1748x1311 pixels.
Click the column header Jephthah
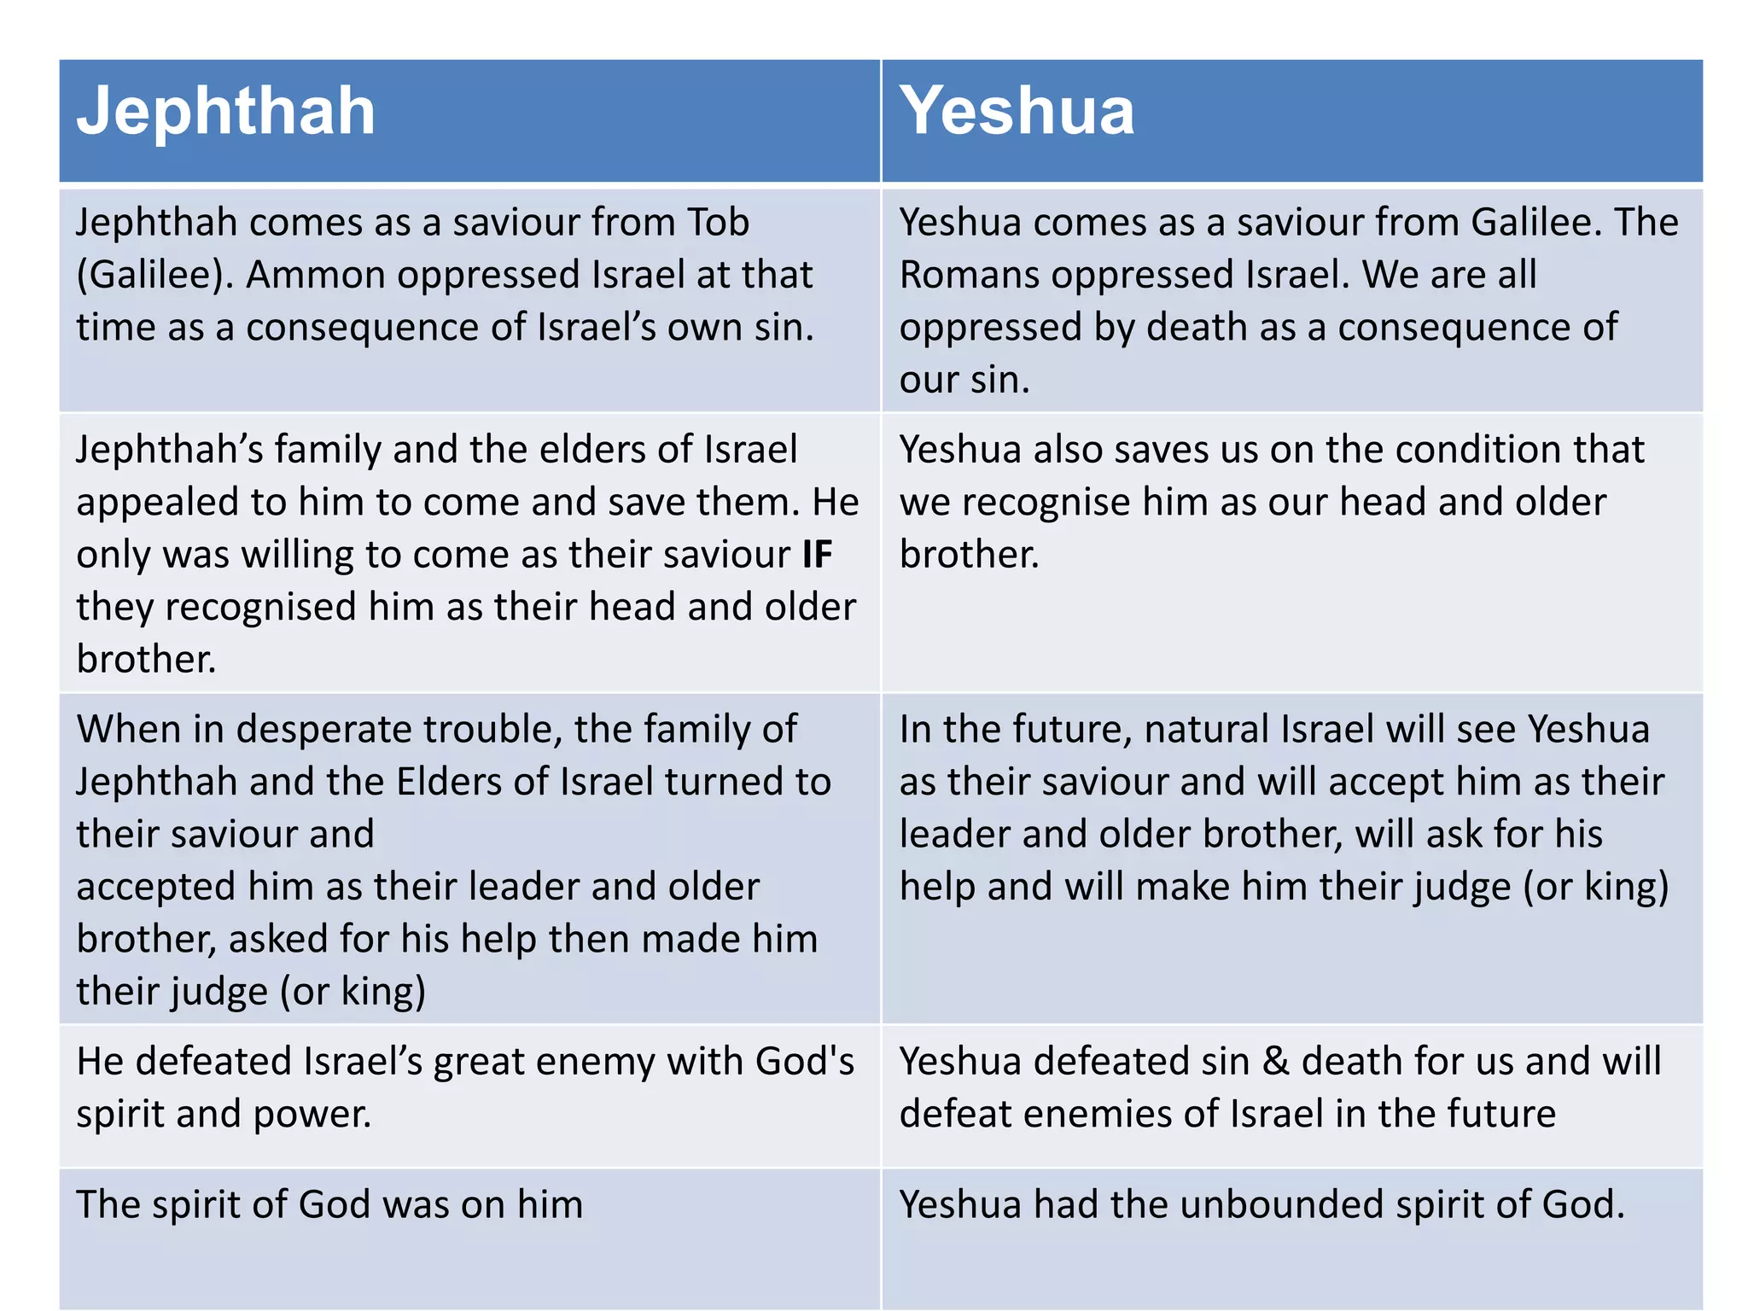tap(225, 111)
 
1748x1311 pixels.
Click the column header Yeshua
tap(1017, 111)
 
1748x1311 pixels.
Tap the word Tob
tap(718, 223)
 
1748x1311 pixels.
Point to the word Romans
tap(969, 276)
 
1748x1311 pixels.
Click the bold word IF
tap(817, 555)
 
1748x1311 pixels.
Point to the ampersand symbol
tap(1275, 1062)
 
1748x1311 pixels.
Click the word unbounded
tap(1282, 1205)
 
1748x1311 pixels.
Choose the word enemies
tap(1098, 1115)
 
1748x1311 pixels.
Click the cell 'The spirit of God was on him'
tap(329, 1205)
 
